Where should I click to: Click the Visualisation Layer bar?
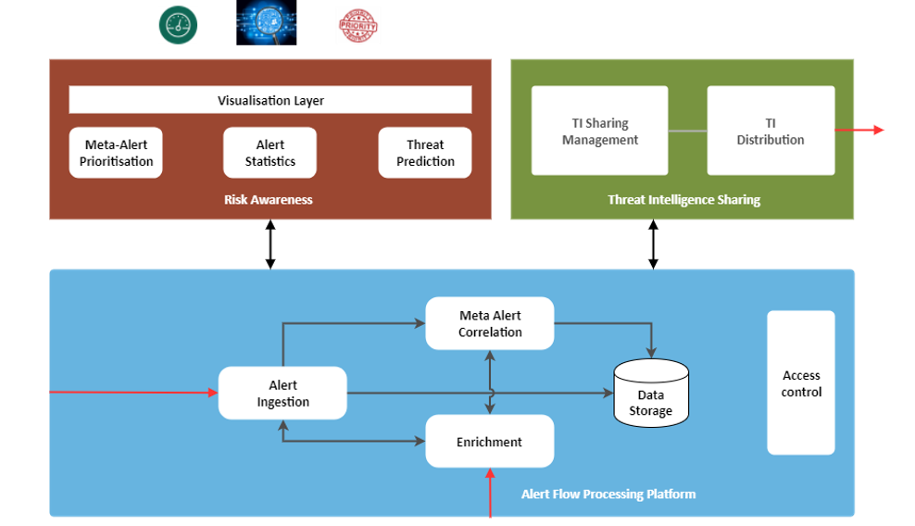tap(270, 100)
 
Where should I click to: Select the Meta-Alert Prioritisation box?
tap(117, 153)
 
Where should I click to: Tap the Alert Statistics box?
tap(270, 153)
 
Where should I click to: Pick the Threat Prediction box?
tap(425, 153)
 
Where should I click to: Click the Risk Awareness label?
tap(269, 199)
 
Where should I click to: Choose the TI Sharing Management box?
tap(599, 131)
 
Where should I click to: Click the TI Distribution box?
tap(771, 131)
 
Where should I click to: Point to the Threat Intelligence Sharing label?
tap(683, 199)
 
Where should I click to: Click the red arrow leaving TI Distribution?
tap(860, 131)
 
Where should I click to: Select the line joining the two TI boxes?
tap(687, 131)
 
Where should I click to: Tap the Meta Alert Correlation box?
tap(490, 323)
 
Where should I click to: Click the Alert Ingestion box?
tap(282, 393)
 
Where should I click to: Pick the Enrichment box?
tap(490, 442)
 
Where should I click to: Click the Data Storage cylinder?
tap(651, 394)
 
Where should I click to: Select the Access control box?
tap(801, 382)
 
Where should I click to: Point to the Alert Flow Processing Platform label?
tap(608, 494)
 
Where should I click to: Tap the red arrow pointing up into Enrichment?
tap(490, 492)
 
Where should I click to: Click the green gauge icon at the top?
tap(178, 25)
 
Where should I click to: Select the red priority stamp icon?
tap(358, 26)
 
